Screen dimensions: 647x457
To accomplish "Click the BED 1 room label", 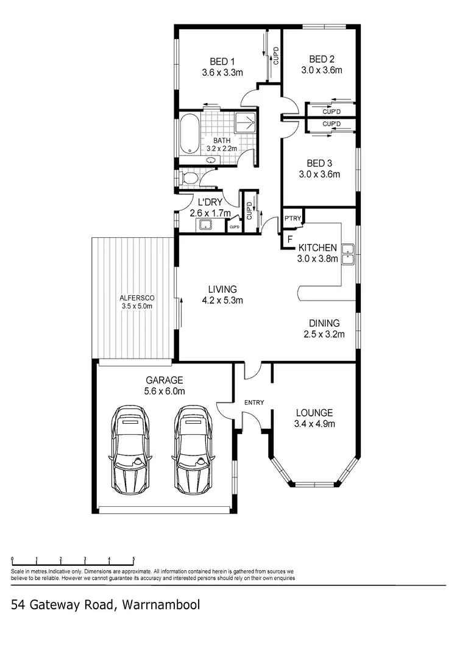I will pos(222,62).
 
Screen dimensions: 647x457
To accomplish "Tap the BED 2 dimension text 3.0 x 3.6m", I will pos(322,70).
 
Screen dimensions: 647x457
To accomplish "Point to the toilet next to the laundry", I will pos(188,178).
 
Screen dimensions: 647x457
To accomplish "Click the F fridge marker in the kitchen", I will pos(289,239).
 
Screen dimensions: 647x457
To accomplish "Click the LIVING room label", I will pos(222,289).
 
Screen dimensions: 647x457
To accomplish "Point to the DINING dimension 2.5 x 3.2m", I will pos(325,334).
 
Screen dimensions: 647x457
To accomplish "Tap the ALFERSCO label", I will pos(136,298).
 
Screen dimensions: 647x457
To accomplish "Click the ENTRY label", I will pos(253,402).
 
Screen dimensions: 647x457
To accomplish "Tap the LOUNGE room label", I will pos(314,412).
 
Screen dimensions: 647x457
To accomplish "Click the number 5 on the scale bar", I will pos(133,559).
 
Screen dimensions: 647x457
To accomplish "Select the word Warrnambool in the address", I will pos(161,605).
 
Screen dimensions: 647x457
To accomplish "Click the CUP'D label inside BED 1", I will pos(275,56).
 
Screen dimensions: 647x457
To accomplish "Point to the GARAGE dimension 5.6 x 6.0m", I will pos(165,391).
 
